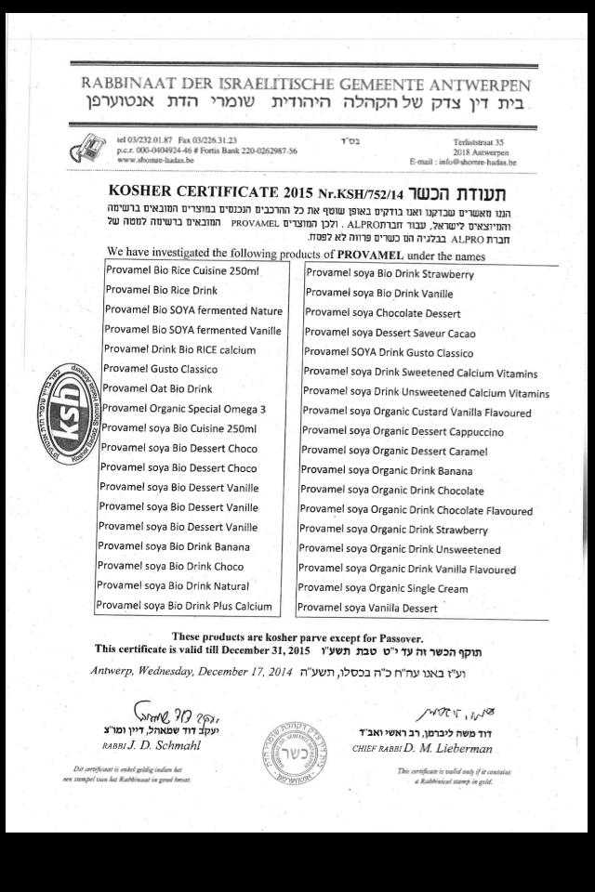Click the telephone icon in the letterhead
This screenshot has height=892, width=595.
click(88, 147)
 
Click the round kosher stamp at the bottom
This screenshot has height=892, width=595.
click(295, 751)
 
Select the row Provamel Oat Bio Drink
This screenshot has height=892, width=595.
click(158, 388)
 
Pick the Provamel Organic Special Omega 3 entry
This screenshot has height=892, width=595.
click(184, 408)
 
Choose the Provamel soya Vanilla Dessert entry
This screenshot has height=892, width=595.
click(367, 608)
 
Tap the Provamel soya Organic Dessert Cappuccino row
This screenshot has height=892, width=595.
click(403, 432)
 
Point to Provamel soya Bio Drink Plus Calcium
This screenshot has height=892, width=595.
click(184, 606)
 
